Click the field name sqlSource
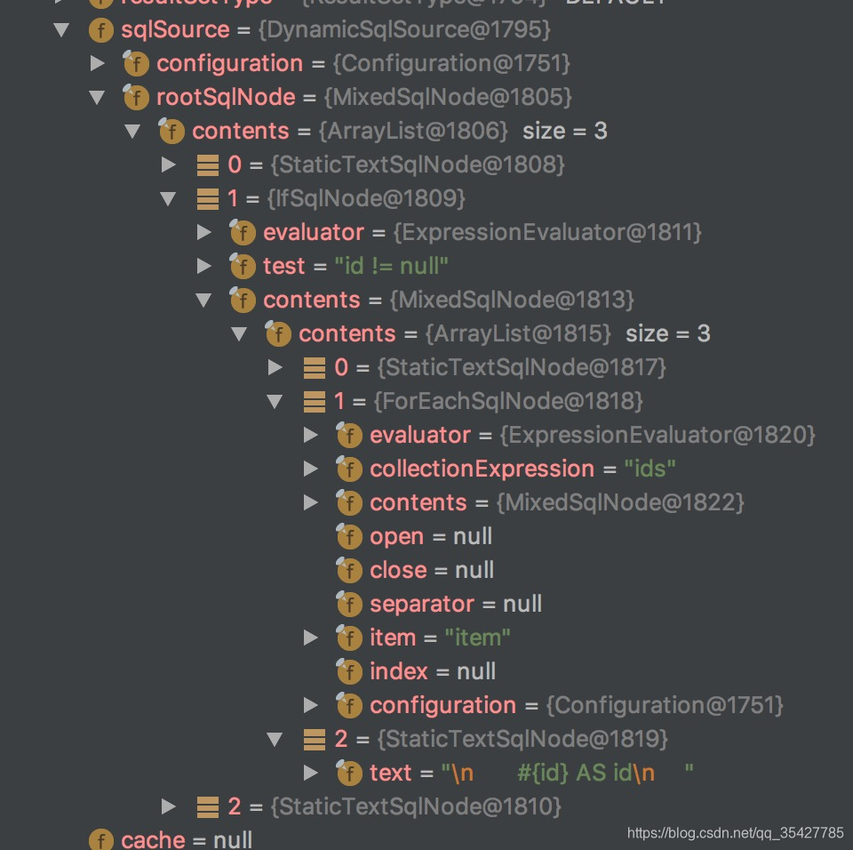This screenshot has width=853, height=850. click(175, 29)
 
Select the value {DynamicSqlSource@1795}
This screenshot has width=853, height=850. click(404, 29)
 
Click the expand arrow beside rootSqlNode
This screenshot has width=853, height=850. click(97, 97)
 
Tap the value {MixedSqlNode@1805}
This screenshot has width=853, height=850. click(448, 97)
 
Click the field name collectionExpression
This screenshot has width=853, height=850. click(482, 469)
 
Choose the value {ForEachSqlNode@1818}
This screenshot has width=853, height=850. click(508, 401)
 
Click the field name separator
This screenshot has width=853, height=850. click(422, 604)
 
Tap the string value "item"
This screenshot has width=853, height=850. click(477, 637)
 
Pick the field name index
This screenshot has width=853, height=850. click(399, 671)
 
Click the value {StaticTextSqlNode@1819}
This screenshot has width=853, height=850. click(522, 739)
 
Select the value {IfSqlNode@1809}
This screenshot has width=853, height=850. click(365, 198)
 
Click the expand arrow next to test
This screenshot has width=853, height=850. click(203, 266)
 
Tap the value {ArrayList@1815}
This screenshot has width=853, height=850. click(518, 333)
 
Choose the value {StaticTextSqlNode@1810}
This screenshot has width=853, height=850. click(416, 806)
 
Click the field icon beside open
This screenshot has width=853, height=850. click(348, 536)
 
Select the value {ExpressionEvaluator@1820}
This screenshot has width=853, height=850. click(658, 435)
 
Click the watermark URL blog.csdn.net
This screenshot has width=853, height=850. click(735, 833)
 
